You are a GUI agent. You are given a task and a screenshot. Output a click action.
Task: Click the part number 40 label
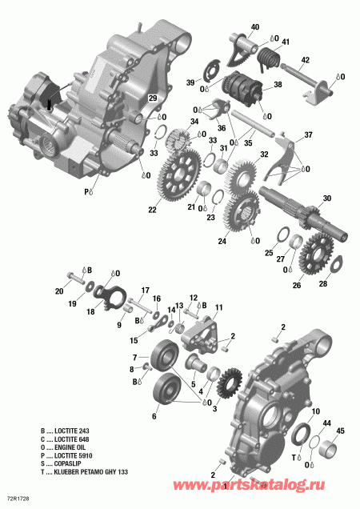click(x=254, y=28)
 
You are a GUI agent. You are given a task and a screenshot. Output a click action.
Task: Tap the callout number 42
click(x=305, y=60)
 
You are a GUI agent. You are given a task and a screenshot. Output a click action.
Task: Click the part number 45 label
click(x=341, y=431)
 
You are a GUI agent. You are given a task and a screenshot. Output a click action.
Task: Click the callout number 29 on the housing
click(x=149, y=98)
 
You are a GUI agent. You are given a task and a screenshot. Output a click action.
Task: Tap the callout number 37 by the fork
click(x=308, y=134)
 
